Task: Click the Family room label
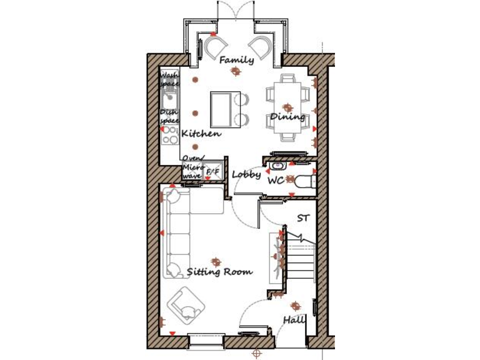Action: [x=236, y=60]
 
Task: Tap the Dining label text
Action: [x=287, y=117]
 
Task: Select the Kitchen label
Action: [x=201, y=133]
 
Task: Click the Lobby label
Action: [x=246, y=174]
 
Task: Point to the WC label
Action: [x=276, y=181]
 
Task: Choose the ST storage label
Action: [x=303, y=218]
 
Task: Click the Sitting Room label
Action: [x=220, y=272]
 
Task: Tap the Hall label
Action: [x=294, y=319]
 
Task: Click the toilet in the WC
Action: [x=304, y=182]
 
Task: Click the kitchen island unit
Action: [x=221, y=108]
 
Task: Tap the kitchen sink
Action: [x=169, y=99]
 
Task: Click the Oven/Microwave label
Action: [x=192, y=167]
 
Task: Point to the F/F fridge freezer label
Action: [x=212, y=172]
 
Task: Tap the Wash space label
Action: [x=169, y=79]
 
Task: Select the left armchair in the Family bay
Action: [x=216, y=47]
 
